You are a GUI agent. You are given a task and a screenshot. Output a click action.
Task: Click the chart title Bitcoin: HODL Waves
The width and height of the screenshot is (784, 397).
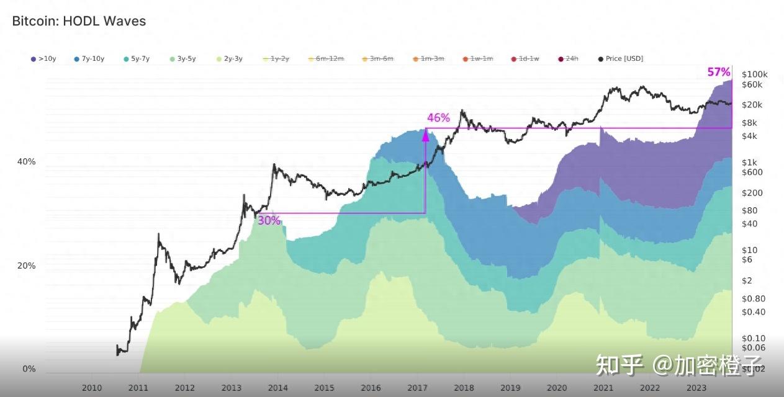(79, 21)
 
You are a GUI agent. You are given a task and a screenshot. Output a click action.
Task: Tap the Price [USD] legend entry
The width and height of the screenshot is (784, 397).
(620, 59)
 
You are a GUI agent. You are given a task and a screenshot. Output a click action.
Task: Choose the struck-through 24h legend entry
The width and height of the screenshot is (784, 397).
(569, 59)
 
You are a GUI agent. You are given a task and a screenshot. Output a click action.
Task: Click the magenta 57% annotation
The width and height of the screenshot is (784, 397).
(718, 73)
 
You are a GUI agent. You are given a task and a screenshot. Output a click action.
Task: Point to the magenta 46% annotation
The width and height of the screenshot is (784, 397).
(438, 118)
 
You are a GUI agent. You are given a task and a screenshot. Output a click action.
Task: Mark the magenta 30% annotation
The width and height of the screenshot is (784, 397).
(269, 220)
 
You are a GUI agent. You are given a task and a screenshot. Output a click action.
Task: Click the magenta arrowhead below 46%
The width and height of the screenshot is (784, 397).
(425, 133)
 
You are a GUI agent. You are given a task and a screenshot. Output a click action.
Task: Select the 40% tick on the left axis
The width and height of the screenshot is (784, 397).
(26, 162)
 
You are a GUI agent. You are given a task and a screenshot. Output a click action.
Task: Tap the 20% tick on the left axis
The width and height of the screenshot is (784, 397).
(26, 266)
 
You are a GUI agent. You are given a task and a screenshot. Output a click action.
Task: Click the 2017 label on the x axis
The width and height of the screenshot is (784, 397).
(417, 388)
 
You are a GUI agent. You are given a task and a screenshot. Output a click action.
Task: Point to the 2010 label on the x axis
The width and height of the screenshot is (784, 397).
(92, 388)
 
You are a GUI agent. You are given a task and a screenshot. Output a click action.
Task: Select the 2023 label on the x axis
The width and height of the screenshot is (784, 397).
(696, 388)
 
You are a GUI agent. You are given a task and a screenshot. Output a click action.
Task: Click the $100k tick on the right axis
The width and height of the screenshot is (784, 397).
(755, 74)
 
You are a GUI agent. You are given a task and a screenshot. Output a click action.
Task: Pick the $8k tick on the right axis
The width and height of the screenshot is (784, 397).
(750, 123)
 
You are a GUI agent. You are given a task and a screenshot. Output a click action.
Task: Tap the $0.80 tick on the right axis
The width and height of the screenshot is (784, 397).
(753, 298)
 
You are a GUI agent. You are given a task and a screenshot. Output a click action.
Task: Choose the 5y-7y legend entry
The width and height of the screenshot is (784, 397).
(136, 59)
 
